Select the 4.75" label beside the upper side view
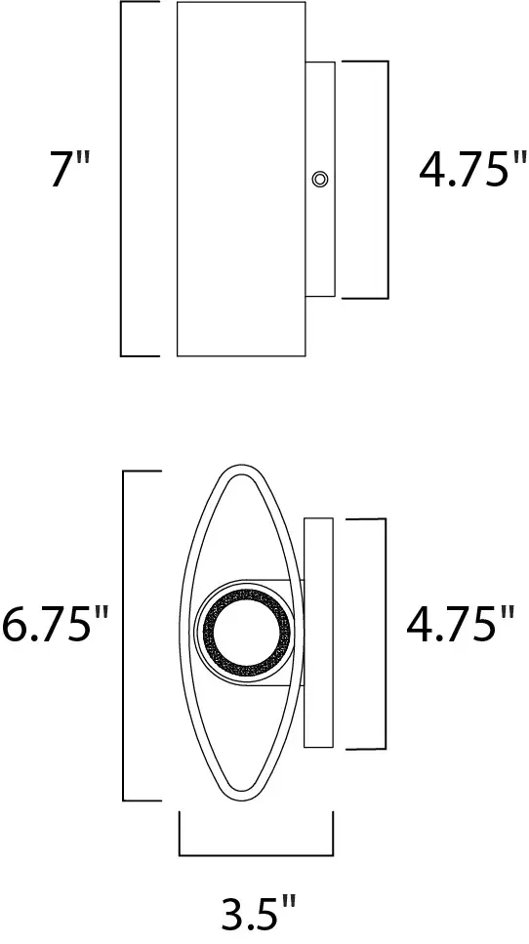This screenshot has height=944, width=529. [466, 172]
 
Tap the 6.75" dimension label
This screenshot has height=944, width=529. [55, 626]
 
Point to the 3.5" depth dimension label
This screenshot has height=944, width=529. [256, 915]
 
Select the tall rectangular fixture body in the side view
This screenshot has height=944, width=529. [241, 178]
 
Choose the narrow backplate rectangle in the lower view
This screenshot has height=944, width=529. [319, 633]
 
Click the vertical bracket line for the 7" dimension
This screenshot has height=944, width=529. [121, 178]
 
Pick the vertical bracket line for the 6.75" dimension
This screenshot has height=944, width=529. [123, 635]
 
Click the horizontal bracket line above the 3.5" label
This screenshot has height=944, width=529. [256, 853]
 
